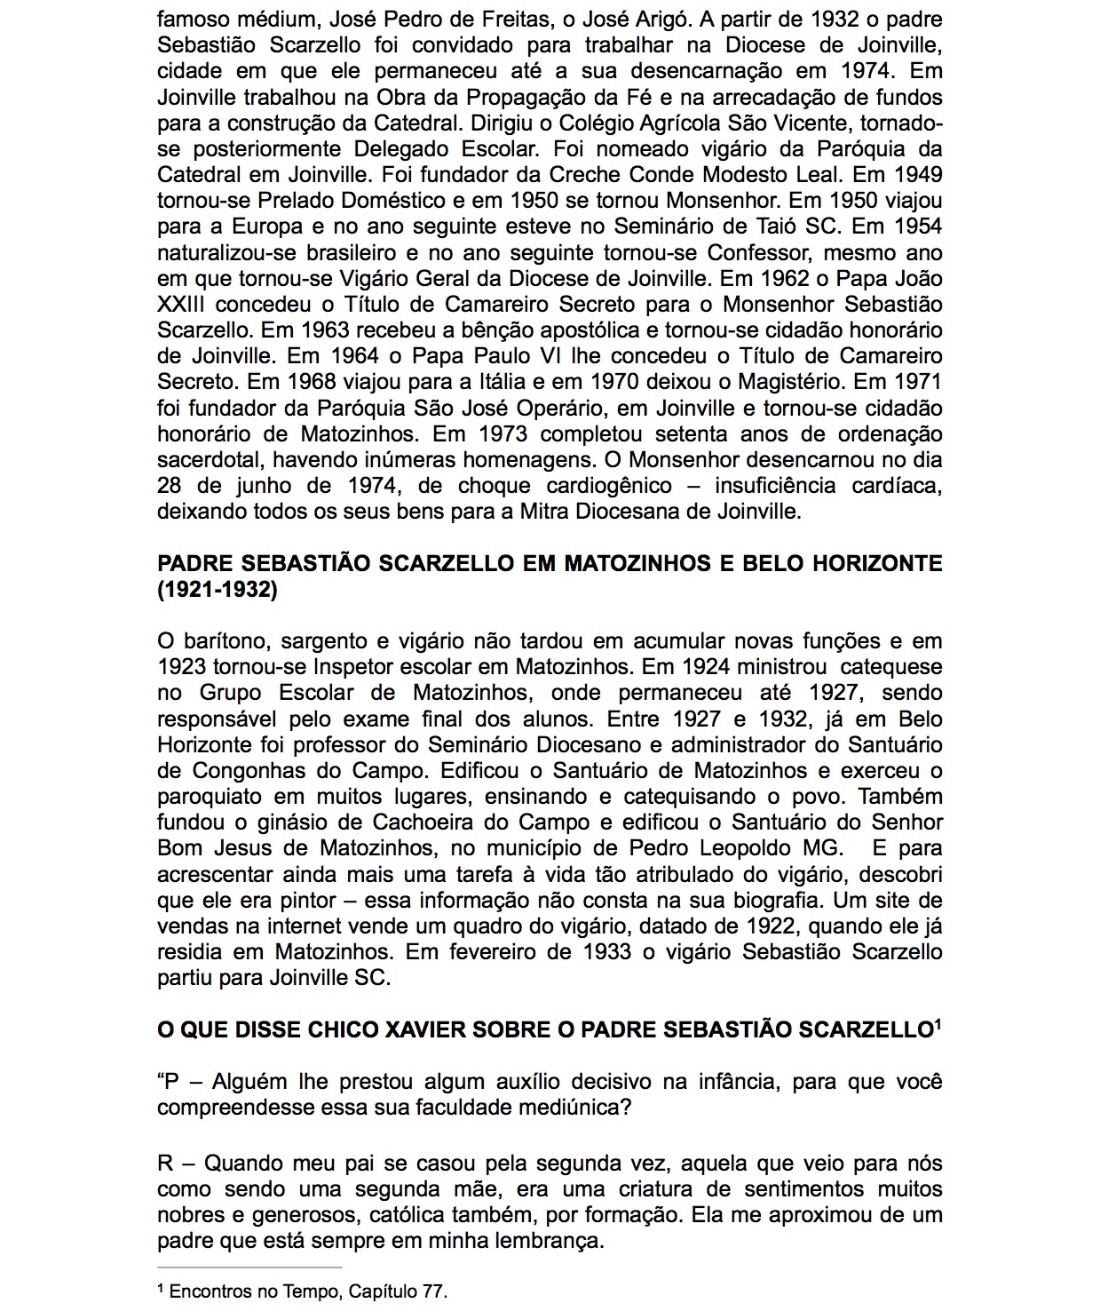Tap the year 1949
[918, 174]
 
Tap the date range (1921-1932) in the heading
[218, 590]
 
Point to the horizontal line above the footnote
[249, 1267]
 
